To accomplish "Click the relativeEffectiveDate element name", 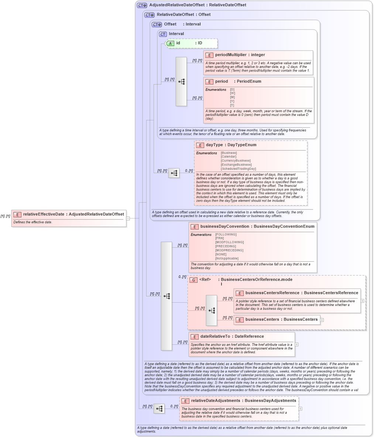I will click(44, 214).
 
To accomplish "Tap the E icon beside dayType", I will click(200, 145).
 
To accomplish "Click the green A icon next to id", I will click(170, 43).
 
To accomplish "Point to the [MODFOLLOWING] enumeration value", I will click(229, 242).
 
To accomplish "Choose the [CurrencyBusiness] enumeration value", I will click(236, 161).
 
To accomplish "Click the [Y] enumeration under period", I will click(232, 101).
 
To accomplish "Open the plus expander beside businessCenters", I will click(322, 320).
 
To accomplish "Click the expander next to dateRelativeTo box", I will click(297, 344).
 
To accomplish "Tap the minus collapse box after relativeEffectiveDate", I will click(128, 218).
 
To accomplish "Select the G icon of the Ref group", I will click(193, 280).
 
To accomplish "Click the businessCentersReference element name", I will click(272, 293).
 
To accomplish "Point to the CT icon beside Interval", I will click(163, 34).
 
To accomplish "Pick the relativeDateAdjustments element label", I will click(215, 401).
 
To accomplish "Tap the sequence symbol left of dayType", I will click(174, 173).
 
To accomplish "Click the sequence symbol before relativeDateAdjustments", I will click(159, 409).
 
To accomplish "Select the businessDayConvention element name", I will click(226, 227).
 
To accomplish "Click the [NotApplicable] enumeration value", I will click(227, 258).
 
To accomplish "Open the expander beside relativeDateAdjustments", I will click(301, 409).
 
